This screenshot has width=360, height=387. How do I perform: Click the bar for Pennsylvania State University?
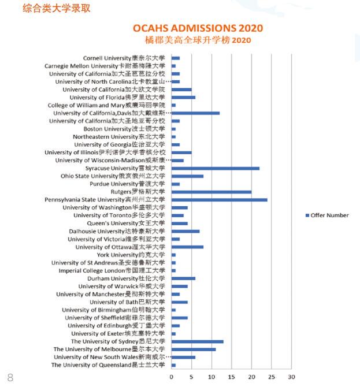tap(219, 200)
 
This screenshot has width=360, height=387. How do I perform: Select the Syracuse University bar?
tap(215, 168)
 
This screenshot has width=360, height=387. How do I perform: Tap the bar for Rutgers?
tap(211, 192)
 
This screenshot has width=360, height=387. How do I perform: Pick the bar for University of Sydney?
tap(197, 341)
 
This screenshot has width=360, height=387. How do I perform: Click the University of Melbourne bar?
tap(193, 349)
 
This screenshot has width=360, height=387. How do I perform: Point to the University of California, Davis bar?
tap(195, 113)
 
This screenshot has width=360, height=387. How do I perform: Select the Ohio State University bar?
tap(187, 176)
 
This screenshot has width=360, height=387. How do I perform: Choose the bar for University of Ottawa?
tap(187, 247)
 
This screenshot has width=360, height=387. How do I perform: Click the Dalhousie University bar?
tap(185, 231)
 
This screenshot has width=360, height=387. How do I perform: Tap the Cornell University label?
tap(124, 58)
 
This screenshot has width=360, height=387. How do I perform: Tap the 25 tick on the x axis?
tap(271, 377)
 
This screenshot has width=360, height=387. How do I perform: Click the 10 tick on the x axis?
tap(211, 377)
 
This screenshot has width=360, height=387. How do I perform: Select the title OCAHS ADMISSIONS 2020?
tap(198, 28)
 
